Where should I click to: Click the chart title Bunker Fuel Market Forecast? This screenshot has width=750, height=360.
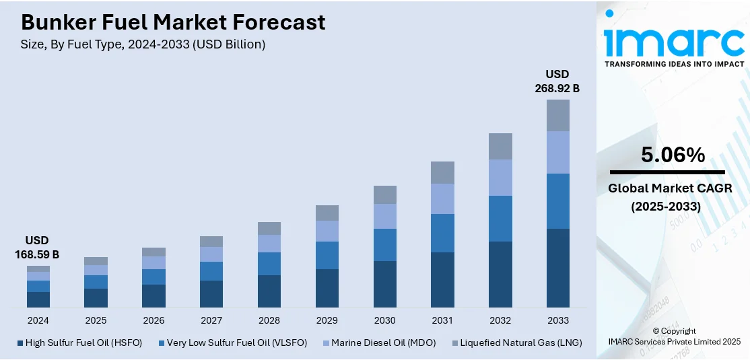click(x=173, y=22)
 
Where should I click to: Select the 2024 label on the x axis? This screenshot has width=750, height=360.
click(x=38, y=320)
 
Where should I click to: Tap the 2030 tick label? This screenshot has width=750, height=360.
click(x=384, y=320)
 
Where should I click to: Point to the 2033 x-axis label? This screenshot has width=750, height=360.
click(x=558, y=320)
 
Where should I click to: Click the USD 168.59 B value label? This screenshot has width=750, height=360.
click(x=37, y=248)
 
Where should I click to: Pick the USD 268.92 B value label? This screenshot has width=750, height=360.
click(x=557, y=81)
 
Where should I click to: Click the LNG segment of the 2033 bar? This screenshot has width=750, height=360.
click(x=557, y=115)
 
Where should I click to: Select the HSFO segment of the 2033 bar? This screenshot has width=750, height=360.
click(x=557, y=268)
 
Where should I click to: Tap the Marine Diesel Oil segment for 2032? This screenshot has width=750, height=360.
click(x=500, y=178)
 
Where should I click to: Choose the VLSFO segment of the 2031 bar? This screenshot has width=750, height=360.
click(x=442, y=233)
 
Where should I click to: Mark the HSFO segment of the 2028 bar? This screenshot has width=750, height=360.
click(x=269, y=291)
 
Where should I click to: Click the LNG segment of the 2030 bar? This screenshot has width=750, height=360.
click(x=384, y=194)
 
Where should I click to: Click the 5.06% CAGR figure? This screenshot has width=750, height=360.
click(x=673, y=155)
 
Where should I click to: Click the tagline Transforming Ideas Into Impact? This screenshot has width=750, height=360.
click(x=674, y=64)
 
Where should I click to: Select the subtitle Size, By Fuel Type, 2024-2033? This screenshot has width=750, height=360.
click(x=143, y=44)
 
